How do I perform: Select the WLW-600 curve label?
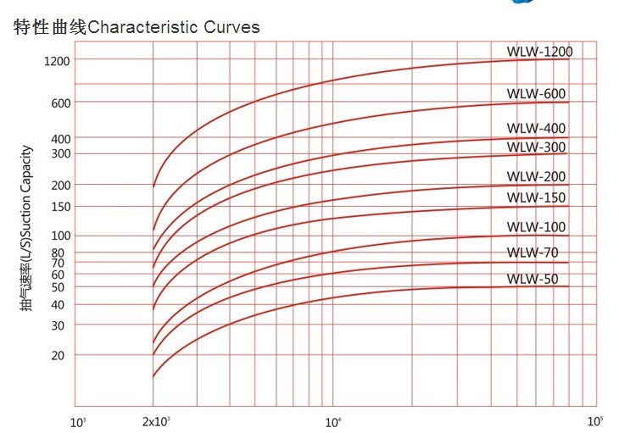tap(535, 93)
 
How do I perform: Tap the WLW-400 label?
tap(535, 129)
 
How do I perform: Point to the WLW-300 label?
tap(535, 147)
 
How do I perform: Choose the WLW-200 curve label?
tap(535, 176)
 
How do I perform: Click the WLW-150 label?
tap(535, 198)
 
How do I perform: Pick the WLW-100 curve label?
tap(535, 227)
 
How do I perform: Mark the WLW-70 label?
tap(532, 253)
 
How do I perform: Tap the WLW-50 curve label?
tap(532, 279)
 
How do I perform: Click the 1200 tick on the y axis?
tap(58, 61)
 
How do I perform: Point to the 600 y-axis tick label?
tap(60, 103)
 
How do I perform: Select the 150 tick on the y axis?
tap(60, 207)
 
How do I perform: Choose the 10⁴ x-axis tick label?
tap(333, 421)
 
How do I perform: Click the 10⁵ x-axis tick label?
tap(594, 420)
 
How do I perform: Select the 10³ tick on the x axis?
tap(78, 421)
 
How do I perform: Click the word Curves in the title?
tap(231, 27)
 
